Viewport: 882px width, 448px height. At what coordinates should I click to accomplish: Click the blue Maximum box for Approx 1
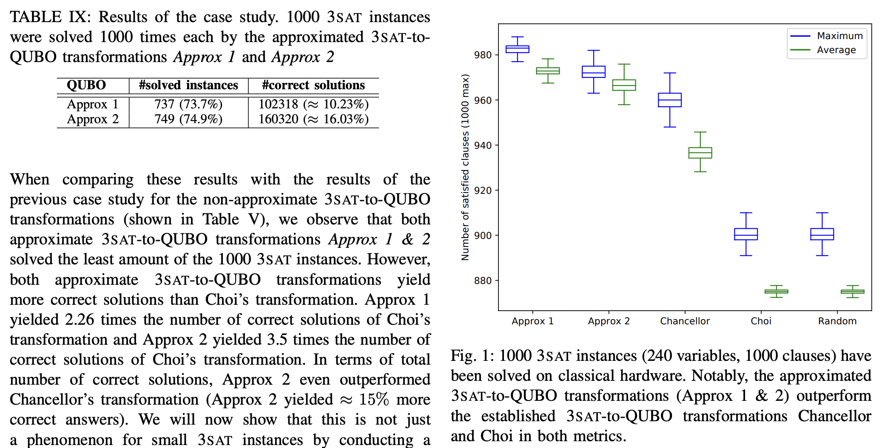pos(517,49)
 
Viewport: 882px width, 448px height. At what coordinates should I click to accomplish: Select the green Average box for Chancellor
pos(700,153)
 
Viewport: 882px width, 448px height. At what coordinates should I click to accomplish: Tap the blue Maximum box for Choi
pos(746,234)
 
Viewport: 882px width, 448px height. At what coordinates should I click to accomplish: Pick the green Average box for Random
pos(852,292)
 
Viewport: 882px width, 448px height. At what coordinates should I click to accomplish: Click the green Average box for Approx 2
pos(624,85)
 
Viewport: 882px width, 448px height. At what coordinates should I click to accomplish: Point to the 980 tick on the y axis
pos(483,55)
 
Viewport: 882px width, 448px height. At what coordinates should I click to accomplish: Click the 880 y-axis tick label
pos(483,281)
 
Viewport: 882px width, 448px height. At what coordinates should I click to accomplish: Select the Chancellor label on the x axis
pos(685,321)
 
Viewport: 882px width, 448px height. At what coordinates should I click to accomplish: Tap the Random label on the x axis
pos(837,321)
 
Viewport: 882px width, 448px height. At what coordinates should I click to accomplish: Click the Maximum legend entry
pos(839,36)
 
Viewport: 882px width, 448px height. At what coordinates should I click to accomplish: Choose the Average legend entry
pos(836,50)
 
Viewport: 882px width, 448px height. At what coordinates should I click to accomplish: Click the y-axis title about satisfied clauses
pos(465,167)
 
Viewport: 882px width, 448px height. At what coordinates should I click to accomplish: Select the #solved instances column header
pos(188,85)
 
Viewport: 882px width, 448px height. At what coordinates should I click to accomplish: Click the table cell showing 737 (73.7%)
pos(188,104)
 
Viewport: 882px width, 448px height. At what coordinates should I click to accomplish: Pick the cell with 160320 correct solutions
pos(313,119)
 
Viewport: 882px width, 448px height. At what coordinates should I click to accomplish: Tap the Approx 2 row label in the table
pos(93,119)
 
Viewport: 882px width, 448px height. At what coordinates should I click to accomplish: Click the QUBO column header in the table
pos(86,85)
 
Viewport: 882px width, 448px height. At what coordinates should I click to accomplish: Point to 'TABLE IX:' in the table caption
pos(50,17)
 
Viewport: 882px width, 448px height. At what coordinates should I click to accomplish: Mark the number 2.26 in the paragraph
pos(80,320)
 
